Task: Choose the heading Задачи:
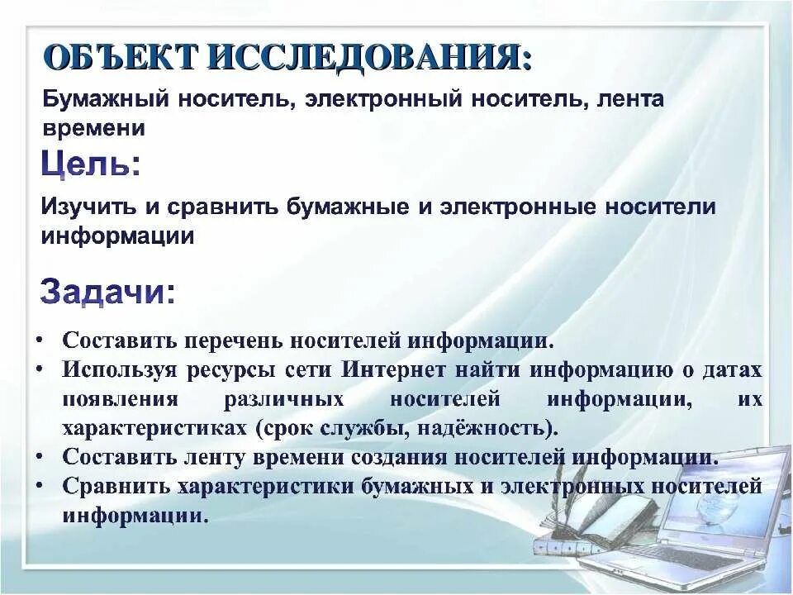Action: pyautogui.click(x=107, y=293)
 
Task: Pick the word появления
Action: pyautogui.click(x=120, y=399)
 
